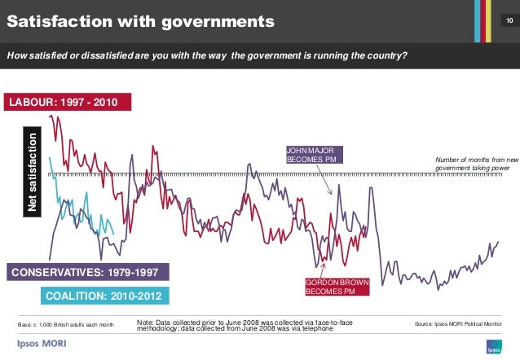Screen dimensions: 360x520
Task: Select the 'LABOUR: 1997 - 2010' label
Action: click(64, 103)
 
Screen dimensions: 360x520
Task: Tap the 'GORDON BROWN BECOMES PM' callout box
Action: click(337, 287)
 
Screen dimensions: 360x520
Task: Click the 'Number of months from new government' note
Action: click(477, 164)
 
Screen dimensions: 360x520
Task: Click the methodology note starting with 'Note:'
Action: click(245, 325)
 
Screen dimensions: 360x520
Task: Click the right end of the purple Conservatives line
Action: click(497, 242)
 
